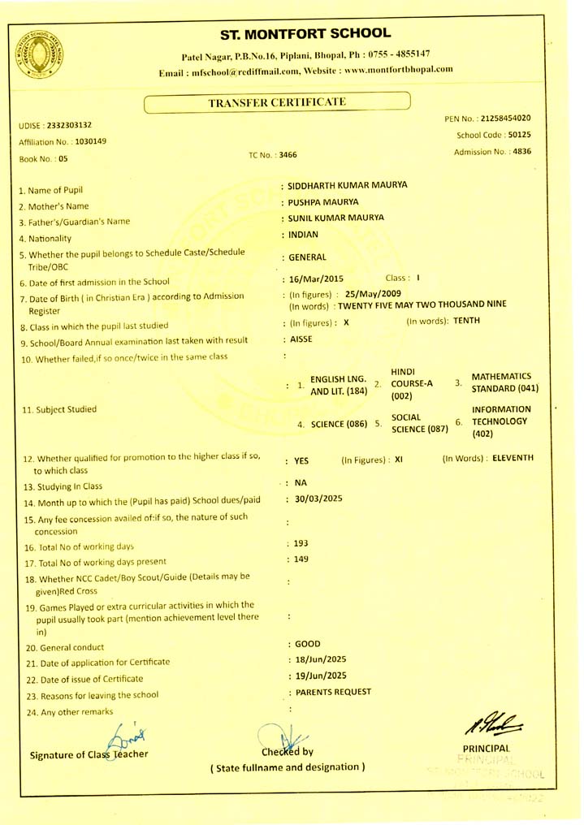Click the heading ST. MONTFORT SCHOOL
click(x=305, y=34)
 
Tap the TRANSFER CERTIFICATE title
click(x=277, y=102)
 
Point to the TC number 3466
click(x=284, y=153)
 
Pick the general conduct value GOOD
click(x=303, y=644)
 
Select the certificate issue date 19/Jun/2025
click(x=322, y=676)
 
